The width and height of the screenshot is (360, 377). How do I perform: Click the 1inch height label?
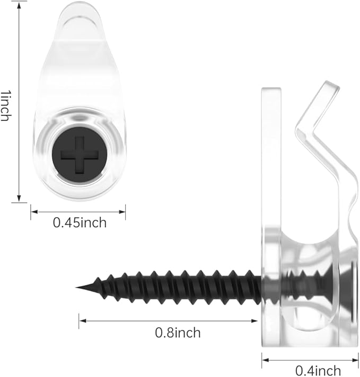point(5,106)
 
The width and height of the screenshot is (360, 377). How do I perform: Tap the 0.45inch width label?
point(80,222)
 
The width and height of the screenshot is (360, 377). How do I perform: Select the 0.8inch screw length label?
point(178,333)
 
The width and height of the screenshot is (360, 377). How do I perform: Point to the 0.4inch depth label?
point(318,371)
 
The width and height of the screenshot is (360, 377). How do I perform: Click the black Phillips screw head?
point(80,155)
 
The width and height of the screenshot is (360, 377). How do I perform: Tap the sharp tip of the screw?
point(76,287)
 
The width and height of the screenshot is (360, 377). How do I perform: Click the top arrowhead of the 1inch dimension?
point(19,5)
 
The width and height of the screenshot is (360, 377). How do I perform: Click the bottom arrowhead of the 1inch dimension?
point(19,199)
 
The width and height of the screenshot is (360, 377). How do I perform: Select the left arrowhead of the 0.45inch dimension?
point(34,212)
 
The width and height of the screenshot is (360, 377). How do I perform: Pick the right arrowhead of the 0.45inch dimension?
point(122,212)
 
